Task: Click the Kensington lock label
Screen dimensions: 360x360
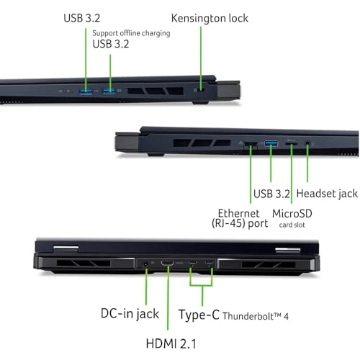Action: (x=210, y=19)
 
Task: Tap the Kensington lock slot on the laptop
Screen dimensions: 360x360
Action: (x=202, y=90)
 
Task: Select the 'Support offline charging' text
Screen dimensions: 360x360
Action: (x=131, y=33)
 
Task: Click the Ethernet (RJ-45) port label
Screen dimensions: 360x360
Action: (x=240, y=218)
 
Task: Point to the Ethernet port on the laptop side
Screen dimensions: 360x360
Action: (x=251, y=144)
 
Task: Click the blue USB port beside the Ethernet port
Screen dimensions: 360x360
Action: (x=271, y=143)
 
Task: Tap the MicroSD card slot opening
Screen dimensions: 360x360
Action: (x=292, y=144)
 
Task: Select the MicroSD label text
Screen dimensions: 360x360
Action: (x=292, y=213)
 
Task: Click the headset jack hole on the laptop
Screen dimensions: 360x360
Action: (x=307, y=143)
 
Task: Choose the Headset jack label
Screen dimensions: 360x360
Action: (x=327, y=194)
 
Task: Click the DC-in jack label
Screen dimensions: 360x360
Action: (x=130, y=313)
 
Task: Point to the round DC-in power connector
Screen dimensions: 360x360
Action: (x=145, y=264)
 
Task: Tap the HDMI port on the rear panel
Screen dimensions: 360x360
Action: (x=167, y=263)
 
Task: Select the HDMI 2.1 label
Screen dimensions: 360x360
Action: (x=171, y=343)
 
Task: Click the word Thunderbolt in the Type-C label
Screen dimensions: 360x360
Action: (x=248, y=316)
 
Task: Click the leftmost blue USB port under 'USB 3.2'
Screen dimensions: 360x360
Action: (x=86, y=91)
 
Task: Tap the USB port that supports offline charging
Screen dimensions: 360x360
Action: (x=109, y=91)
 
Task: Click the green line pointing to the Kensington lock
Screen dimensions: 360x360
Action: (x=201, y=58)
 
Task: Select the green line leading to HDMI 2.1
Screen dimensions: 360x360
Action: (x=168, y=297)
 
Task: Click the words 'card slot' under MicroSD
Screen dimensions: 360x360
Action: (x=292, y=225)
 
